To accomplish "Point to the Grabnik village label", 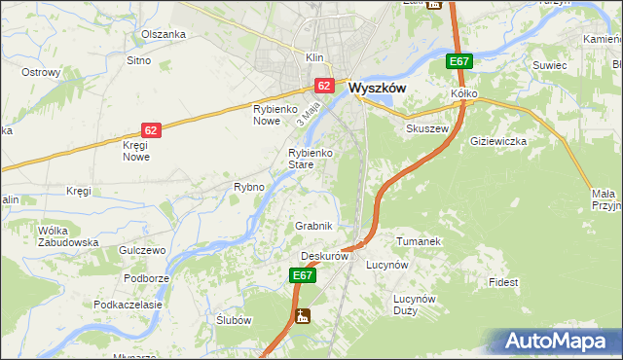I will tap(314, 226).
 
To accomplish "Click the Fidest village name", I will tap(504, 282).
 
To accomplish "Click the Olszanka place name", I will tap(163, 34).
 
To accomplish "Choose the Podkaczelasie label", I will tap(128, 305).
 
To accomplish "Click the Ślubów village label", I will tap(234, 320).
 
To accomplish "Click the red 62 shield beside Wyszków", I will tap(325, 86).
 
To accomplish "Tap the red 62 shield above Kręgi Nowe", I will tap(150, 129).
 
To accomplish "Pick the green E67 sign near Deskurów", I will tap(303, 276).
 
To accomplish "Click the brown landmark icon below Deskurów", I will tap(304, 315).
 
